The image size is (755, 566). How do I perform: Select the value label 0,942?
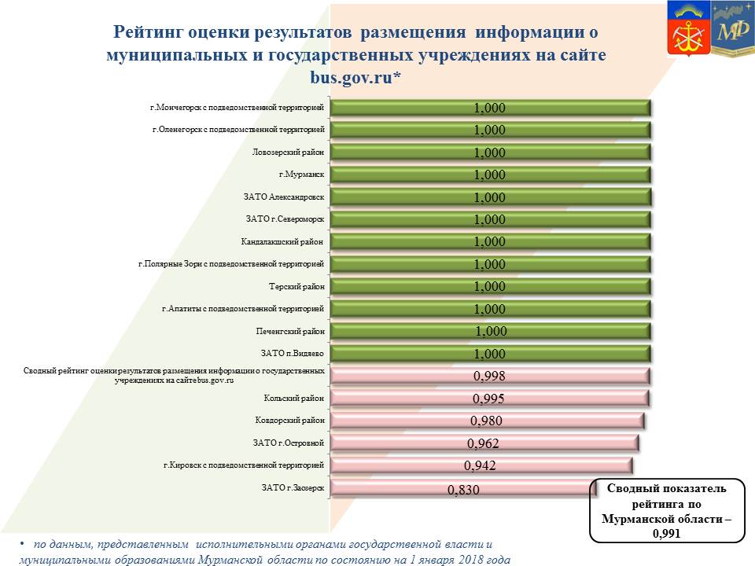[x=480, y=466]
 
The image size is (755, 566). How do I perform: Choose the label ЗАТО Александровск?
[x=284, y=197]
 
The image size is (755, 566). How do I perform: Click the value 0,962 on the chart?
[x=483, y=443]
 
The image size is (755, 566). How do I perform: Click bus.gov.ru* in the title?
[x=355, y=77]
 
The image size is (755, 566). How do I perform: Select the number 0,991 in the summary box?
[x=667, y=534]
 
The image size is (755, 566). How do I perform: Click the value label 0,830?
[x=463, y=491]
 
